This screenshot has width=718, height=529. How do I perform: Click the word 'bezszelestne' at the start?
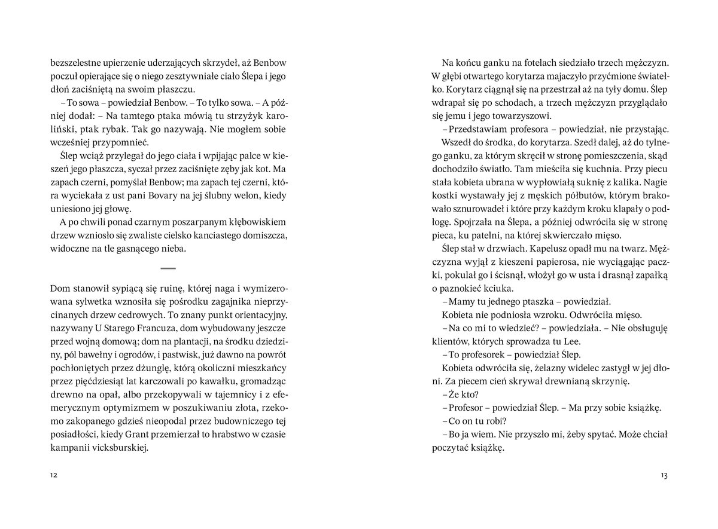[74, 63]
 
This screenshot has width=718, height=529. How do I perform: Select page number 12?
[54, 475]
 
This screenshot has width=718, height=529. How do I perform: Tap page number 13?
[663, 475]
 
